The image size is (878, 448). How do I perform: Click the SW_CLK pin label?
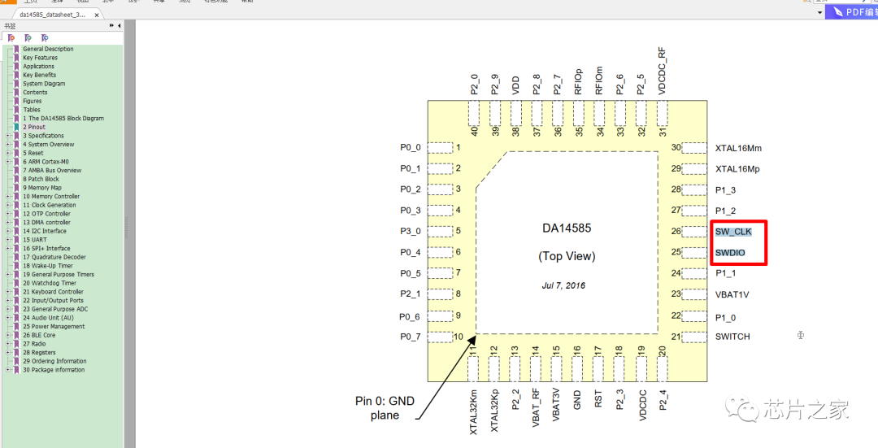[x=733, y=232]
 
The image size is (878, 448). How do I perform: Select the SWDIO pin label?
[x=730, y=253]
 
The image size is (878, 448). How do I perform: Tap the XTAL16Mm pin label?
[x=738, y=148]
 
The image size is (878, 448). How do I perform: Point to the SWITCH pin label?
[x=732, y=337]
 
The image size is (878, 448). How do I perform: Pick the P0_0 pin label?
[x=411, y=148]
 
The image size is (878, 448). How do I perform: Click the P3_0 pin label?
[x=411, y=232]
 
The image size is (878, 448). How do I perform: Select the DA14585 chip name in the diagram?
[x=567, y=228]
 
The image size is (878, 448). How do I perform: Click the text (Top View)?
[x=567, y=256]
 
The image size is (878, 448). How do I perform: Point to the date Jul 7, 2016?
[x=563, y=285]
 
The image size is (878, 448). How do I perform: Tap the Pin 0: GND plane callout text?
[x=385, y=407]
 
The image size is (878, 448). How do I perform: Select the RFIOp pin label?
[x=578, y=81]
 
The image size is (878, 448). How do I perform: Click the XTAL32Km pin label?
[x=474, y=411]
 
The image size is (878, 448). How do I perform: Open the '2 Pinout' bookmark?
[x=34, y=127]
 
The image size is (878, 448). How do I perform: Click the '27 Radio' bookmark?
[x=34, y=344]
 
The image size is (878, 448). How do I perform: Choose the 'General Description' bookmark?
[x=48, y=49]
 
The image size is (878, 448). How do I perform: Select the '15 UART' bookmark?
[x=34, y=240]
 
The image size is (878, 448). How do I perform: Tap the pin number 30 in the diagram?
[x=676, y=147]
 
